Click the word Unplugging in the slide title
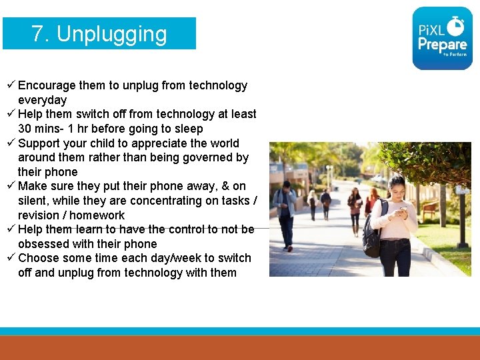[111, 34]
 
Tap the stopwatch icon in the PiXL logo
[457, 26]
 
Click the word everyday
[43, 100]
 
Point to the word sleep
[188, 129]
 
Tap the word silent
[33, 201]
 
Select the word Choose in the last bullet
[39, 258]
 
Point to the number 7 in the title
[39, 34]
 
